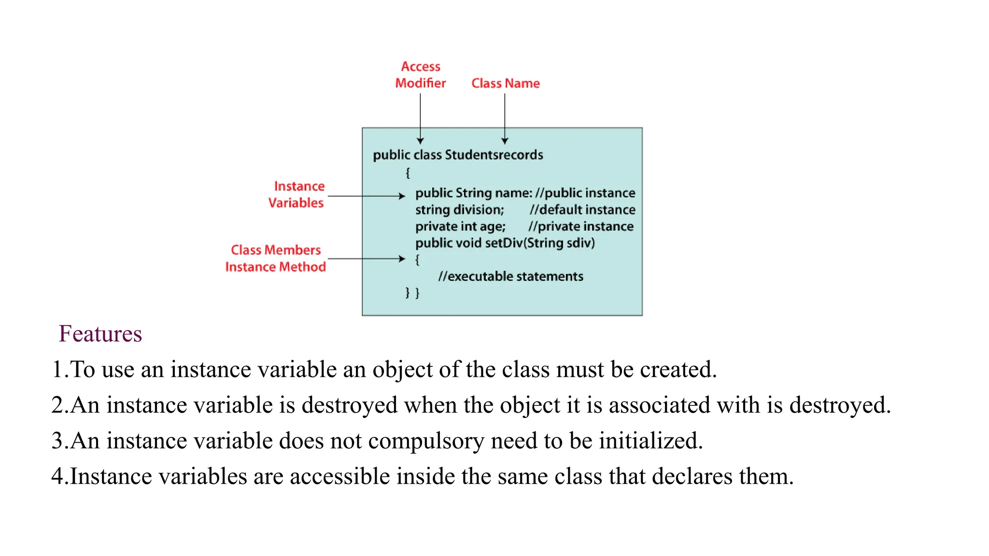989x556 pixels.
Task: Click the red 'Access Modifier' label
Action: click(x=420, y=75)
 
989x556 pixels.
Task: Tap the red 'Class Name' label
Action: click(x=505, y=83)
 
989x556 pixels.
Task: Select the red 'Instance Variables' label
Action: click(x=297, y=195)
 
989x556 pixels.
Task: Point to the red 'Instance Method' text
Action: click(x=275, y=267)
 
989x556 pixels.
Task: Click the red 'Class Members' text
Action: click(x=275, y=250)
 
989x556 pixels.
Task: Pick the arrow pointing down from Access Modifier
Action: click(x=420, y=118)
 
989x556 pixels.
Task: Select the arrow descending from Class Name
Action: click(x=505, y=118)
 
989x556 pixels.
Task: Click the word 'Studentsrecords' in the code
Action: click(x=494, y=155)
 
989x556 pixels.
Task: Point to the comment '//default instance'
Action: click(x=582, y=210)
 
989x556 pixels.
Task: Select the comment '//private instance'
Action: click(x=580, y=226)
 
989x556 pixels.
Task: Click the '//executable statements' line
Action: click(x=510, y=277)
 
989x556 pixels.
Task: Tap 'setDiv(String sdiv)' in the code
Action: click(x=539, y=243)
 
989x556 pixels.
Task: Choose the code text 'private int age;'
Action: click(x=460, y=226)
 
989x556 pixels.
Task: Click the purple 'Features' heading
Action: click(x=100, y=334)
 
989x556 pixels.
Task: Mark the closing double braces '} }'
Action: click(x=412, y=293)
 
